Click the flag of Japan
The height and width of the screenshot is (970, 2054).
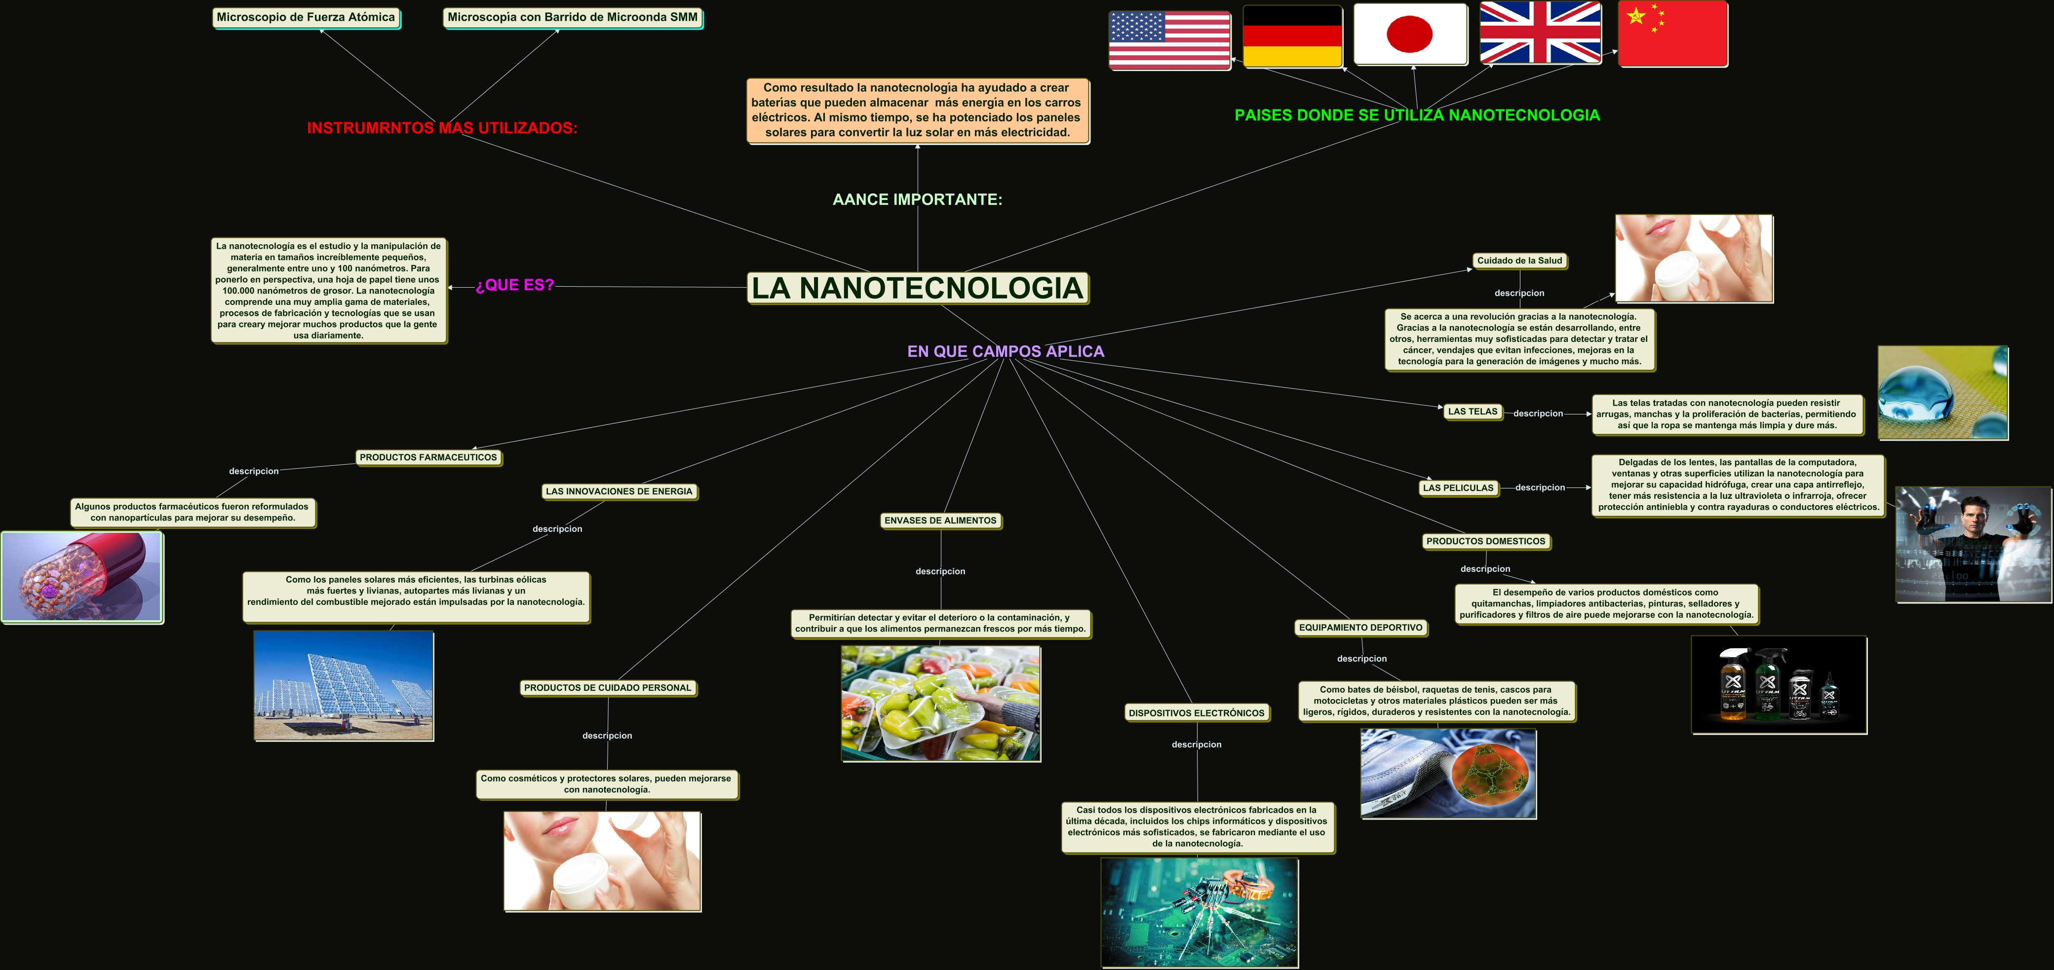[x=1410, y=34]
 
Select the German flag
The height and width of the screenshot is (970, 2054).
[x=1292, y=36]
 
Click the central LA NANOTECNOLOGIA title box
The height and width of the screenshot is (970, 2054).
[x=918, y=288]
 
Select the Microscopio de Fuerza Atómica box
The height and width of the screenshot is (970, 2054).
[x=306, y=18]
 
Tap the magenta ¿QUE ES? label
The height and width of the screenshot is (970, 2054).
[x=514, y=285]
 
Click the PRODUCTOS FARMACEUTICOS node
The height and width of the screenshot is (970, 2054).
[x=428, y=457]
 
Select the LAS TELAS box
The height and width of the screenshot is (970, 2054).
[x=1472, y=412]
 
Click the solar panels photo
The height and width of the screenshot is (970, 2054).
[x=344, y=685]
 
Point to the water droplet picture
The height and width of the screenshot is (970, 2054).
[x=1942, y=392]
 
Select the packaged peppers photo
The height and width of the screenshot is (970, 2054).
[x=941, y=703]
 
